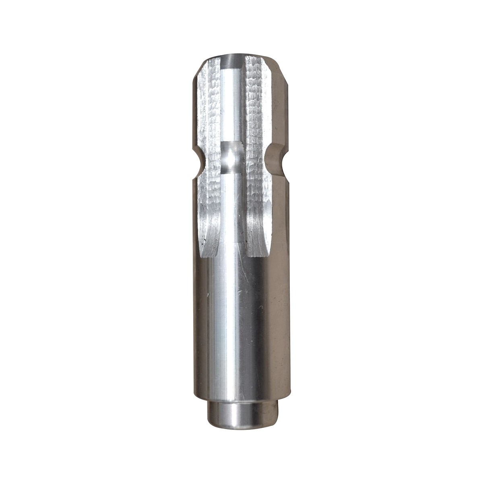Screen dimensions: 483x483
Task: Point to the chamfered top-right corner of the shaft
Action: point(282,72)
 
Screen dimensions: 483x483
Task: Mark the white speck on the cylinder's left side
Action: point(208,295)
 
